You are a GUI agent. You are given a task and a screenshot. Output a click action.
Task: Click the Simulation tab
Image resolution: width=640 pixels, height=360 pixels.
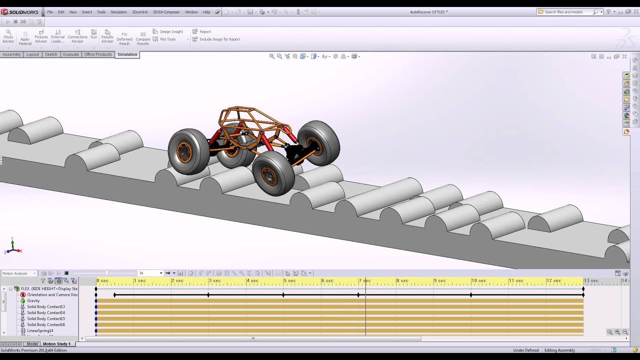127,54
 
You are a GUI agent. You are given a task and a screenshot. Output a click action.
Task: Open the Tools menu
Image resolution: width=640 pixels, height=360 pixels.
101,12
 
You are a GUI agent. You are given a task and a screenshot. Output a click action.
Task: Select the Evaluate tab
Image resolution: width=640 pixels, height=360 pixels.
70,54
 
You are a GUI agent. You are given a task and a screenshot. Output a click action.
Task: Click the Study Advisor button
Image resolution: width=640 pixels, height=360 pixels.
8,36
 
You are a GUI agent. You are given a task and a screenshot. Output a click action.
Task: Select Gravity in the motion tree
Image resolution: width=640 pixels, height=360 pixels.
33,300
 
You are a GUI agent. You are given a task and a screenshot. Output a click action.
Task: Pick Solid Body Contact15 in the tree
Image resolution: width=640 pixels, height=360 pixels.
45,318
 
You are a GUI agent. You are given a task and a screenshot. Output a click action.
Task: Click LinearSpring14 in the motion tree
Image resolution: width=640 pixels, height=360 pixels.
40,330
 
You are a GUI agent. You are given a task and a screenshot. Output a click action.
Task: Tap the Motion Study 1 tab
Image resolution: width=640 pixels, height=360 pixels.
56,344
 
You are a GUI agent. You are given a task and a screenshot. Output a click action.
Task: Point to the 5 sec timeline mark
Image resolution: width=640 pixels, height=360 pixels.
289,281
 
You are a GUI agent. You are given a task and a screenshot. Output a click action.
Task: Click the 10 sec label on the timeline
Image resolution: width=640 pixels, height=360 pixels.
478,281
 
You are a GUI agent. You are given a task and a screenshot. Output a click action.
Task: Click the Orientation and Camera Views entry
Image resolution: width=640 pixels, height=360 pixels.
52,294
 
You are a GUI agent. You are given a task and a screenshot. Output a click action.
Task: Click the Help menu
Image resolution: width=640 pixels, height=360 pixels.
206,12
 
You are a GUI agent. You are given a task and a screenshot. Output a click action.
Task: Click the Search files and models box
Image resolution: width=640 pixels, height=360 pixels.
566,12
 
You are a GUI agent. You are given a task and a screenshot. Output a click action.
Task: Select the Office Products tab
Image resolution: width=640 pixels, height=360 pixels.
97,54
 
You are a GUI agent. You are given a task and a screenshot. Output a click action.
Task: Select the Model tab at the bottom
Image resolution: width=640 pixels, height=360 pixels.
32,344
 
